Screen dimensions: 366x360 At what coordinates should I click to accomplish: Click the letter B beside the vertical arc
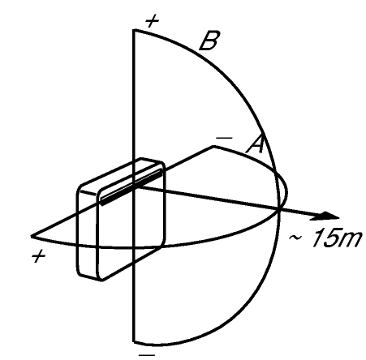(209, 41)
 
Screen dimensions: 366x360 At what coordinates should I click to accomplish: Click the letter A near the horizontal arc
(255, 144)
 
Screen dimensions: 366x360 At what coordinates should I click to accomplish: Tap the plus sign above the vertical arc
(152, 21)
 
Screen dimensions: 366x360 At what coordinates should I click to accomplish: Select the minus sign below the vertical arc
(146, 354)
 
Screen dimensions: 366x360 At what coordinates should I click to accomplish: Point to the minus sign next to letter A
(224, 138)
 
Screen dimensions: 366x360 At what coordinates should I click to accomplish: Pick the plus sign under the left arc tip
(39, 256)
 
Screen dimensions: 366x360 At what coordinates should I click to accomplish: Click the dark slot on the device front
(131, 187)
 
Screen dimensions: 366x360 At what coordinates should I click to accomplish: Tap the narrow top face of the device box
(122, 175)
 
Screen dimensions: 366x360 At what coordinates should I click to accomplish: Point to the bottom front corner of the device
(101, 280)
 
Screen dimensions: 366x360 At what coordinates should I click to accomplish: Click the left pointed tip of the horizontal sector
(32, 237)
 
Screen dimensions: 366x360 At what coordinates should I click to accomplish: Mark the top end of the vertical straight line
(133, 30)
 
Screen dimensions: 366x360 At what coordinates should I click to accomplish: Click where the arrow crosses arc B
(279, 209)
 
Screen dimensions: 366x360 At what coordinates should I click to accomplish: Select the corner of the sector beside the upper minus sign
(213, 147)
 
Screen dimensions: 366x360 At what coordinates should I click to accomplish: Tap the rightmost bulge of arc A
(286, 192)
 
